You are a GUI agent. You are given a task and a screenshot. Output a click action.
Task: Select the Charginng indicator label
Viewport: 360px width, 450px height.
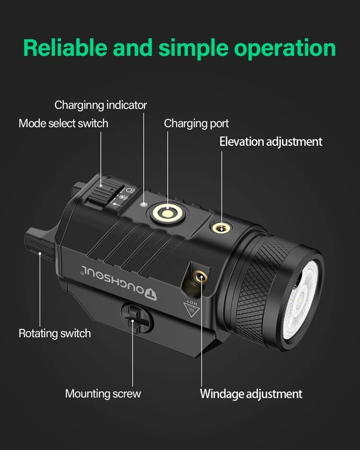click(x=101, y=105)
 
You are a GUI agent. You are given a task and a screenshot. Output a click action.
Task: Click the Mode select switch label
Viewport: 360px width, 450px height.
click(x=63, y=123)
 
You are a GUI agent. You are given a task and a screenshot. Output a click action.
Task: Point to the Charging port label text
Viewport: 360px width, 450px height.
click(x=196, y=124)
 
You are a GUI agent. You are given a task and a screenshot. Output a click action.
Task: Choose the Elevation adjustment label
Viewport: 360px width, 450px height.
click(x=271, y=142)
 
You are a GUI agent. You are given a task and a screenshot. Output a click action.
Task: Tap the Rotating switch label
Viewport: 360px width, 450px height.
click(x=55, y=333)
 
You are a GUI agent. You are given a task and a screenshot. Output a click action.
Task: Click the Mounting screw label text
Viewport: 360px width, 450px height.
click(x=103, y=394)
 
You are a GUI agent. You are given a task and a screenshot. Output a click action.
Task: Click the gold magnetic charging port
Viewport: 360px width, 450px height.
click(x=168, y=213)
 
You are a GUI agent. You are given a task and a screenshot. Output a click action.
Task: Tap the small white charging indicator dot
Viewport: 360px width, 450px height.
click(x=144, y=204)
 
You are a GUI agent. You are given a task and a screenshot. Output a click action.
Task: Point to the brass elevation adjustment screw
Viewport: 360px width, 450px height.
click(x=221, y=229)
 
